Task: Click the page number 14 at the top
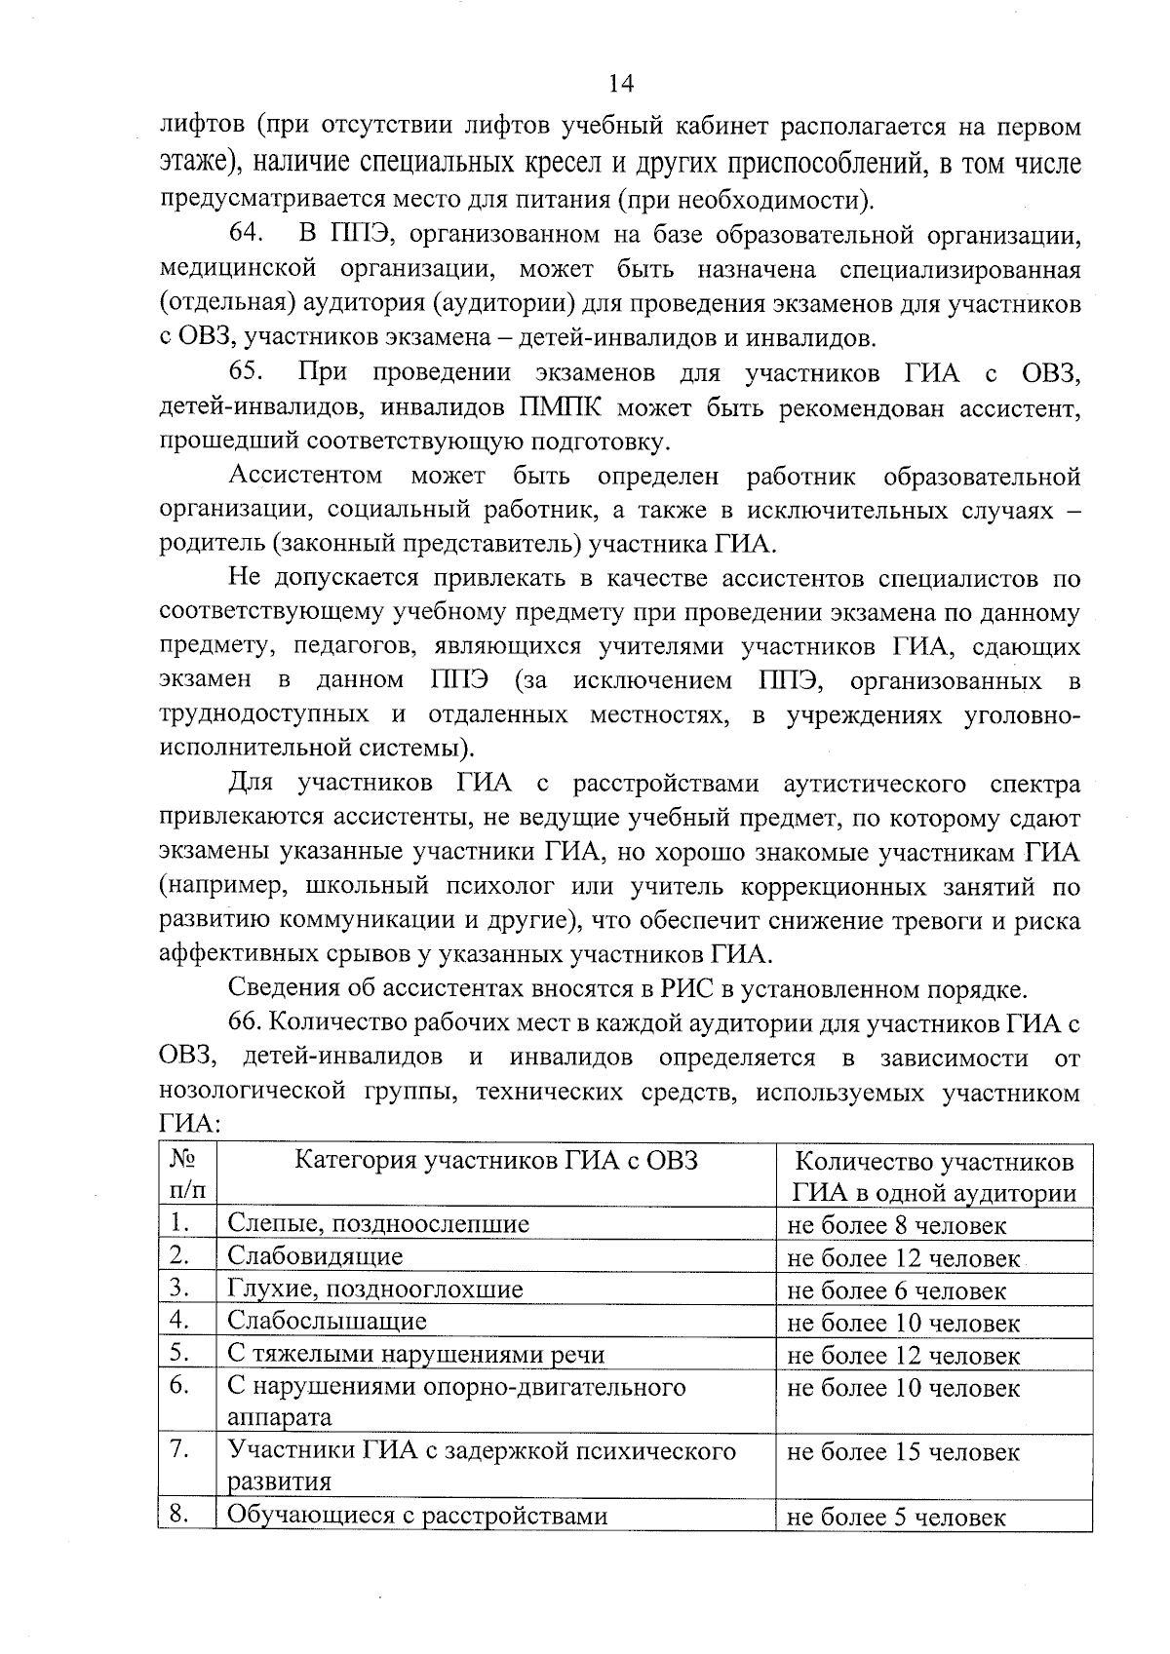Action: point(621,84)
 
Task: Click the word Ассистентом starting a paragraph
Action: point(305,477)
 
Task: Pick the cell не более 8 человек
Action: point(896,1226)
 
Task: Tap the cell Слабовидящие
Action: point(315,1257)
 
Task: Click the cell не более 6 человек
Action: point(896,1291)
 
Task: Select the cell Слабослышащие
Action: point(327,1322)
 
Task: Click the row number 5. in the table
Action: point(178,1354)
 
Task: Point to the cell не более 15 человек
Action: point(903,1452)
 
